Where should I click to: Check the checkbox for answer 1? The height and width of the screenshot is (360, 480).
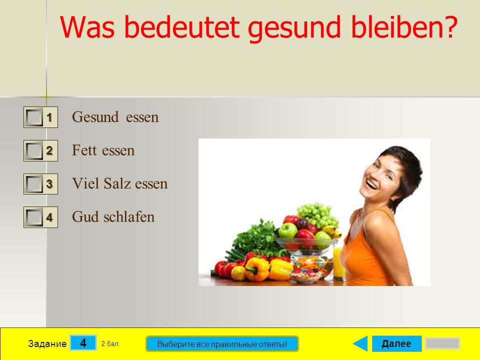click(33, 117)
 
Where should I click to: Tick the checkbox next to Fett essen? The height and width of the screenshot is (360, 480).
click(33, 150)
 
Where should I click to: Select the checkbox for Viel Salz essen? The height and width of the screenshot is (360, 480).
click(33, 183)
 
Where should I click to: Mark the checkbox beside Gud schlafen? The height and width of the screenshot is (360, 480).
click(33, 217)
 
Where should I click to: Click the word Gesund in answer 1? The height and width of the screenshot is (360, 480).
click(95, 117)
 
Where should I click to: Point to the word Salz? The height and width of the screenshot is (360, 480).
click(117, 183)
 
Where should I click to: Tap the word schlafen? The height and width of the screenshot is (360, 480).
click(129, 216)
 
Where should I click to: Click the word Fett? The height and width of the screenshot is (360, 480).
click(84, 150)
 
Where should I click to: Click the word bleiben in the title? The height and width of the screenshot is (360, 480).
click(404, 27)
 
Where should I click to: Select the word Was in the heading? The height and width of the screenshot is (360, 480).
click(87, 27)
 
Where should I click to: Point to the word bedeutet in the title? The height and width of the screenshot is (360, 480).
click(182, 27)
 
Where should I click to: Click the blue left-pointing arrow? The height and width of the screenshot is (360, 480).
click(360, 343)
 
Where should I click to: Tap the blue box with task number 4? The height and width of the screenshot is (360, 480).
click(83, 343)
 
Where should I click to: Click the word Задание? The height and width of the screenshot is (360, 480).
click(47, 344)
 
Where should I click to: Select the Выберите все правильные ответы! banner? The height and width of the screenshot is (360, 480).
click(222, 344)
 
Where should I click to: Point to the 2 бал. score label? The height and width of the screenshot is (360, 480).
click(110, 344)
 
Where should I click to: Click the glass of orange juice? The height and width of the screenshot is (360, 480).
click(339, 263)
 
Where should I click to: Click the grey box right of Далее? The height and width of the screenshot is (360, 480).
click(442, 343)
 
